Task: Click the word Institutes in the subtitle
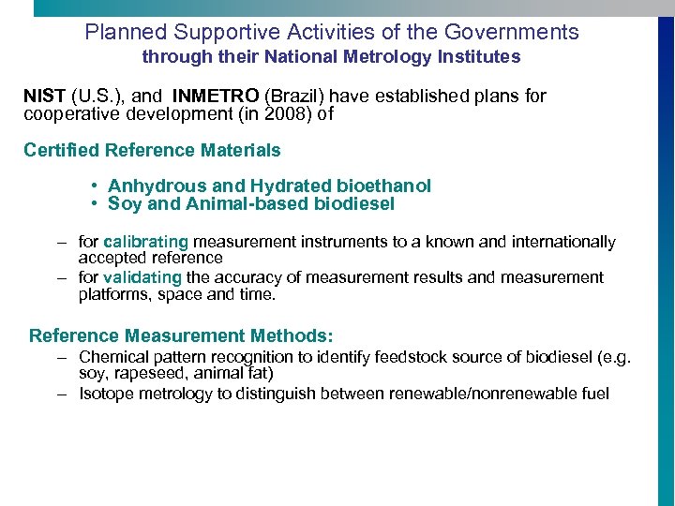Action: pos(481,57)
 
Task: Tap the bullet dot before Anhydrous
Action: pos(97,186)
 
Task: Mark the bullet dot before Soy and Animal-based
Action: pos(97,203)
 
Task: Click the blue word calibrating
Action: pos(145,242)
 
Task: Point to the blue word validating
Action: pos(142,277)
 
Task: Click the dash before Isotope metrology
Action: pos(61,394)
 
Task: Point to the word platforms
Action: pos(112,294)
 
